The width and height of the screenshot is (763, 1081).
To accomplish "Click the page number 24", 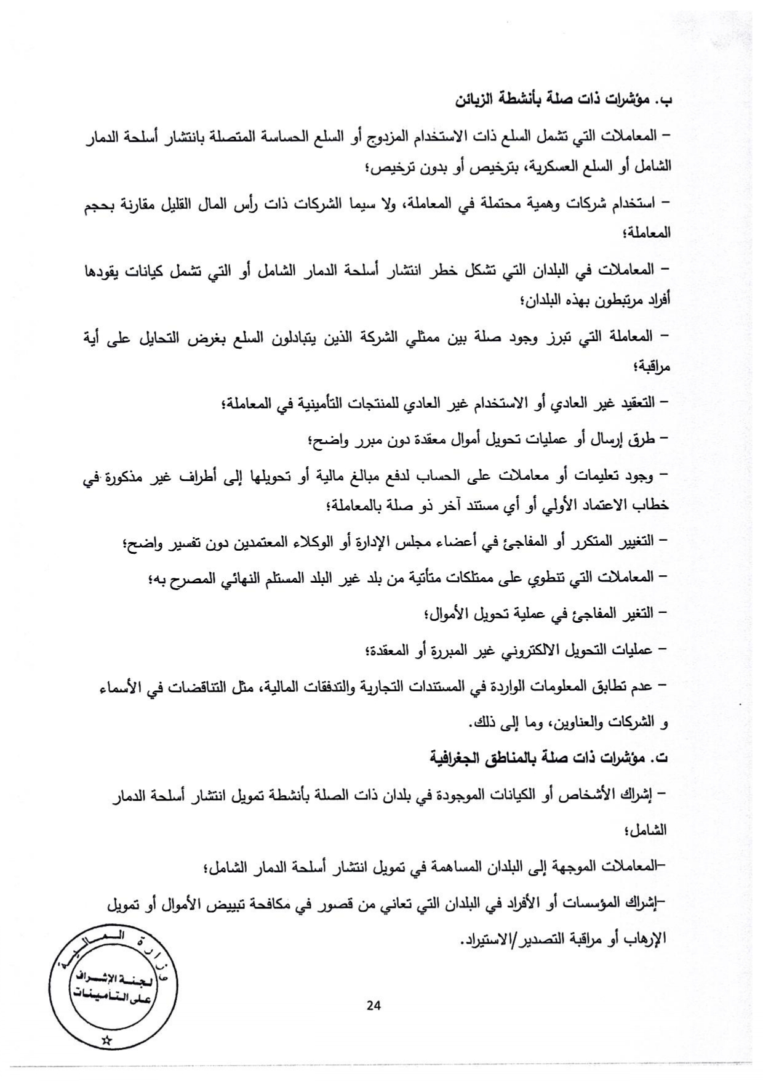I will tap(374, 1006).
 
